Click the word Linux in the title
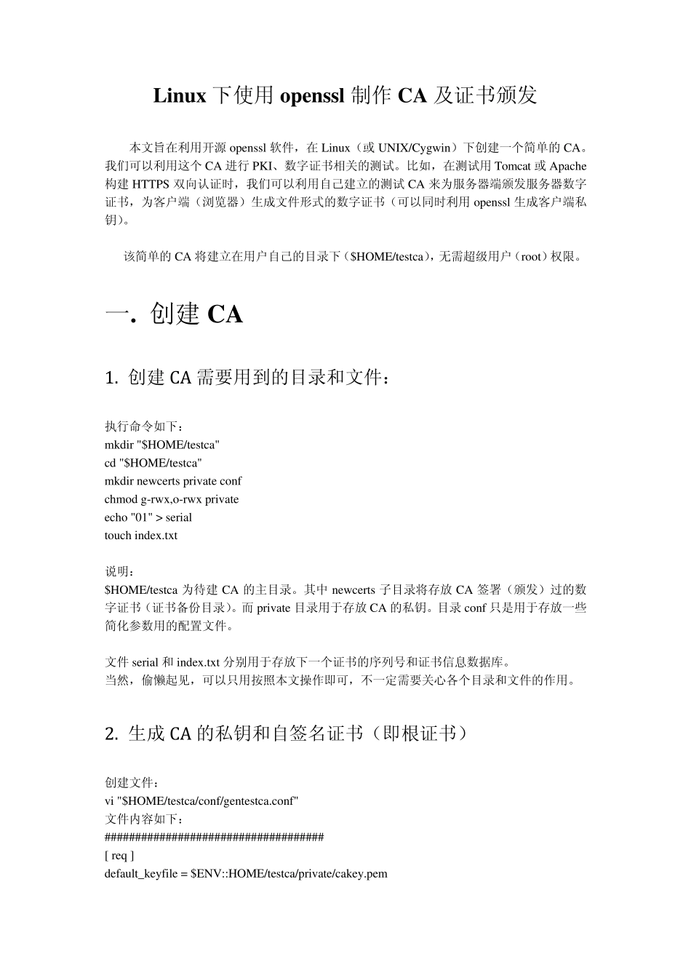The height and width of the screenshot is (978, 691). pyautogui.click(x=179, y=95)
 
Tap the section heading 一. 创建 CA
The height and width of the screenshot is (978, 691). pyautogui.click(x=174, y=314)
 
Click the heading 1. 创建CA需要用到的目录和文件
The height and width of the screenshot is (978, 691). pyautogui.click(x=252, y=378)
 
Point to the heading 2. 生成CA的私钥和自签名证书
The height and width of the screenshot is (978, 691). pyautogui.click(x=287, y=733)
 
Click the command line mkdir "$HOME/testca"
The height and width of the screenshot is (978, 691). pyautogui.click(x=162, y=445)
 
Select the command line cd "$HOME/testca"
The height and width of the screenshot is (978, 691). pyautogui.click(x=153, y=463)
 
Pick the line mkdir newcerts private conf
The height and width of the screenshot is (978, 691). pyautogui.click(x=173, y=481)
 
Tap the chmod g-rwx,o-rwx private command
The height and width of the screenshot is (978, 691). pyautogui.click(x=172, y=499)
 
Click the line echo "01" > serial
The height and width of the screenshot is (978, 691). pyautogui.click(x=148, y=517)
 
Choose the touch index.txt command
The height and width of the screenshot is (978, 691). pyautogui.click(x=141, y=536)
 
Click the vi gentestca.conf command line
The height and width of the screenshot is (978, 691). pyautogui.click(x=201, y=801)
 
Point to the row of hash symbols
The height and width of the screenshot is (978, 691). pyautogui.click(x=215, y=838)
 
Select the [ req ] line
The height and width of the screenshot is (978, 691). pyautogui.click(x=119, y=856)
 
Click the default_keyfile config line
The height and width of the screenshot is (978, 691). pyautogui.click(x=246, y=874)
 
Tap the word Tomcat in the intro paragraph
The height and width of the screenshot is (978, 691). pyautogui.click(x=513, y=167)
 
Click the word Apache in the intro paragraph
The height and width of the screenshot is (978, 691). pyautogui.click(x=567, y=167)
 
